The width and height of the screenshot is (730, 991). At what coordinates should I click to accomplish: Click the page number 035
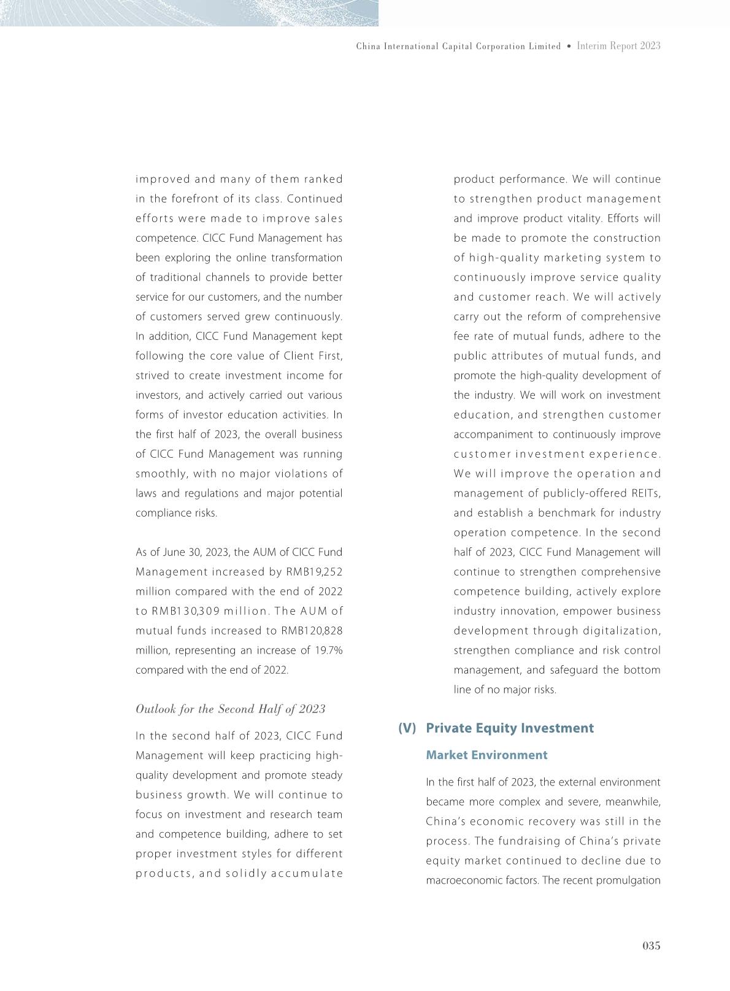[651, 946]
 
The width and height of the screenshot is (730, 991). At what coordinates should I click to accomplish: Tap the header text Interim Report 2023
[618, 46]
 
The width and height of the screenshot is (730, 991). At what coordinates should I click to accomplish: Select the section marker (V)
[407, 728]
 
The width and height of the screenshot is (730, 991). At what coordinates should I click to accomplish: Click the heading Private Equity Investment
[510, 728]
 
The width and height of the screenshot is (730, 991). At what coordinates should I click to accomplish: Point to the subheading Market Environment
[486, 755]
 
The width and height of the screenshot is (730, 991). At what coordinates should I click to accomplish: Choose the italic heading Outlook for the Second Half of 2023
[230, 709]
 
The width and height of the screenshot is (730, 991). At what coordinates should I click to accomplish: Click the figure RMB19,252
[314, 572]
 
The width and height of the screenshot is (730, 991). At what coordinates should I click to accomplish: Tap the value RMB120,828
[311, 631]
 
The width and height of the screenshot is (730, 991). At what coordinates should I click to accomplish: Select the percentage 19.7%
[328, 650]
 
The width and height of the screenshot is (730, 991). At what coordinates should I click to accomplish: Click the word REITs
[645, 493]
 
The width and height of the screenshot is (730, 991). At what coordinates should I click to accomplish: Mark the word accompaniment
[500, 434]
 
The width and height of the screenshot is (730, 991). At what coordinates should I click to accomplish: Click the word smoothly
[162, 474]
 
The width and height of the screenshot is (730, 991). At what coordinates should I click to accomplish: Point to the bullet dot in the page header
[569, 46]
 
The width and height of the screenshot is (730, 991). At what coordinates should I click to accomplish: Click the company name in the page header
[458, 46]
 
